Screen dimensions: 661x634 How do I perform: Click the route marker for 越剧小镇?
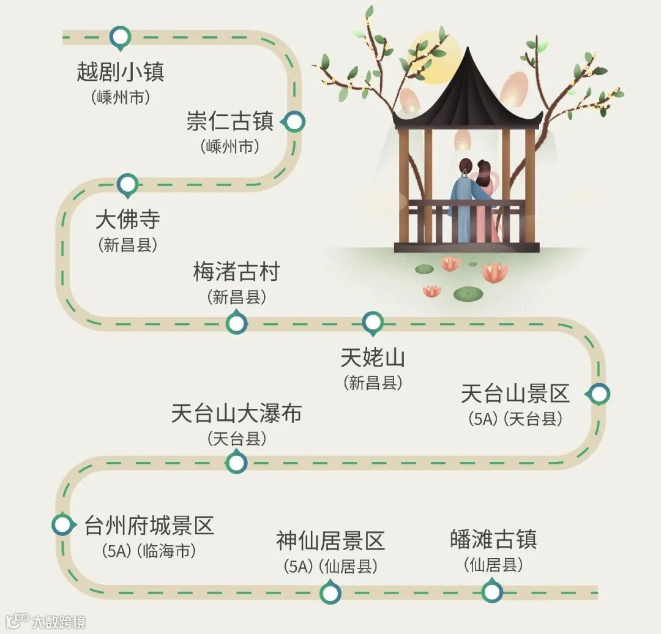click(x=120, y=37)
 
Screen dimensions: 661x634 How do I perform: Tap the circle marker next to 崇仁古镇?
click(x=295, y=122)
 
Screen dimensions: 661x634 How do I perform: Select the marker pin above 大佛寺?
click(x=127, y=184)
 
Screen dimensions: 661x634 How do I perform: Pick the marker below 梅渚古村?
click(x=236, y=323)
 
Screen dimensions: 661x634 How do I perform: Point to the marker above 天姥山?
click(x=372, y=321)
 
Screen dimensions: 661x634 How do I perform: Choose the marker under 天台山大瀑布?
click(x=236, y=463)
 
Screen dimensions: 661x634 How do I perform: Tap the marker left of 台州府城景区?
click(x=62, y=524)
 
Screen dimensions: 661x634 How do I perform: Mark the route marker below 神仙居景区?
click(x=330, y=592)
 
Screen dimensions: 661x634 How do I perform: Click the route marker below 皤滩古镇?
click(x=491, y=592)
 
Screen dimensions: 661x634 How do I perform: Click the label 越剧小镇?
click(x=121, y=72)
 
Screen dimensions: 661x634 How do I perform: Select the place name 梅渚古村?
click(x=236, y=272)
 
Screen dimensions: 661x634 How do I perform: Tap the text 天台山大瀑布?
click(x=236, y=414)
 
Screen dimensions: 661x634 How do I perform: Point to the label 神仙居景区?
click(x=330, y=541)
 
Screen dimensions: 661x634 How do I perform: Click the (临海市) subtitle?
click(x=168, y=551)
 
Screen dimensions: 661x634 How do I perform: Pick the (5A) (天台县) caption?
click(x=515, y=419)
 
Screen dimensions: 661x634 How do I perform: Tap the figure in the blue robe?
click(x=463, y=202)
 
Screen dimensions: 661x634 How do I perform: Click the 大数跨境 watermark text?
click(x=59, y=622)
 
